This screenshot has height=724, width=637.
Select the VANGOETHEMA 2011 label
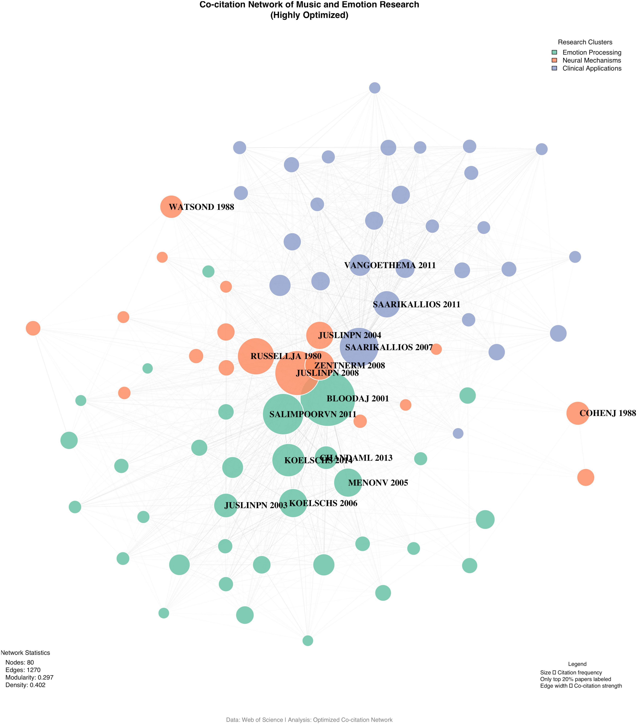390,265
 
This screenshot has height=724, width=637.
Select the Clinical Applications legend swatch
554,68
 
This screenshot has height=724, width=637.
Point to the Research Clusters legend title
585,42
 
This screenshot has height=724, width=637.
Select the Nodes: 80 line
20,662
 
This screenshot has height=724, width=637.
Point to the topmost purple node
375,88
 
